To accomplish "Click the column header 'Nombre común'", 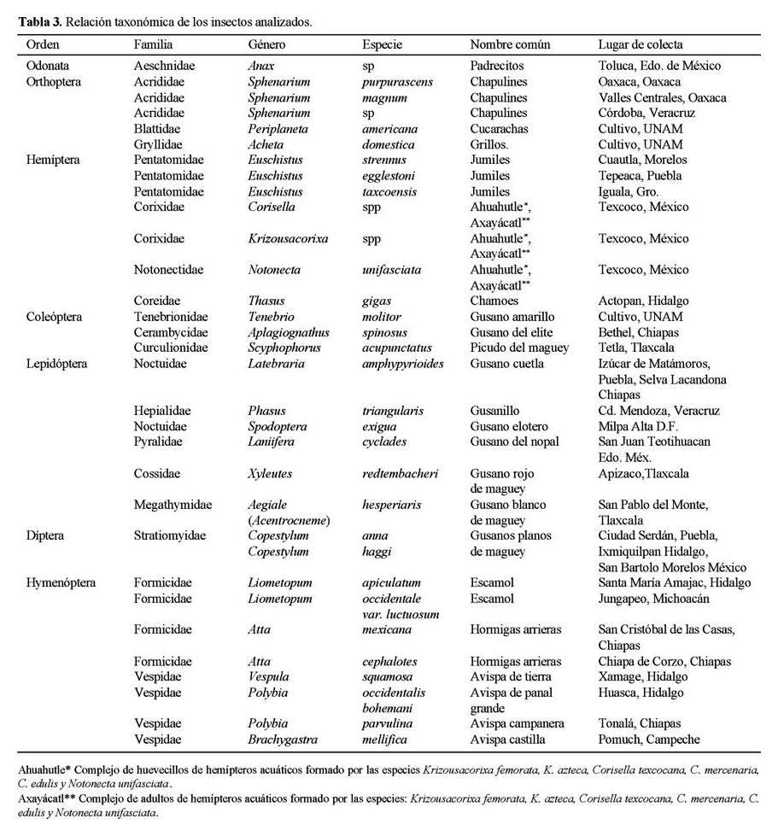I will [x=510, y=44].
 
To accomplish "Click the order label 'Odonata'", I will [x=49, y=66].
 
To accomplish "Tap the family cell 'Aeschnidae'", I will [x=163, y=66].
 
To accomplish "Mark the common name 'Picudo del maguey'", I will [x=518, y=348].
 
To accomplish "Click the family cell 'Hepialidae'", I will [x=162, y=411].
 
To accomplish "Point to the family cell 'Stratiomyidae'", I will [x=170, y=535].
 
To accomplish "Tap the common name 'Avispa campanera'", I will [x=516, y=723].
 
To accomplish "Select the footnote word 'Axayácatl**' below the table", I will [x=50, y=799].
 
